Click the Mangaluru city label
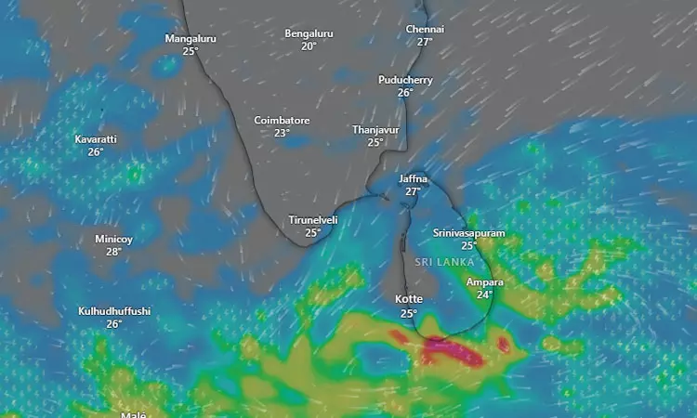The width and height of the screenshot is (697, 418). [x=191, y=39]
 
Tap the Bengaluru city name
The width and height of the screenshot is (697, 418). [x=309, y=33]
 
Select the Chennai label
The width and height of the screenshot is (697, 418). [x=425, y=30]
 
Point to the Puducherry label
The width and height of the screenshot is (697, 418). [x=405, y=80]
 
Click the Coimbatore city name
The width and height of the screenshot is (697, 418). [x=282, y=121]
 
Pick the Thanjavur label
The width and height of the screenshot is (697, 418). [x=375, y=130]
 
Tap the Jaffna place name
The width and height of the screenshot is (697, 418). [x=413, y=178]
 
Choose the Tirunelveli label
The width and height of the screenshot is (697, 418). [x=312, y=220]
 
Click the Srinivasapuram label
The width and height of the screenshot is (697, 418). [x=469, y=233]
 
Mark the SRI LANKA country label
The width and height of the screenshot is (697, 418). [x=445, y=263]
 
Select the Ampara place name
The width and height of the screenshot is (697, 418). [x=484, y=282]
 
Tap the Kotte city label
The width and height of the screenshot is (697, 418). [x=409, y=299]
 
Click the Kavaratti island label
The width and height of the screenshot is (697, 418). [x=96, y=139]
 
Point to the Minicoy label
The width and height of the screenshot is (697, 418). [x=113, y=240]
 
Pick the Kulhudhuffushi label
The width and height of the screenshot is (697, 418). [x=114, y=311]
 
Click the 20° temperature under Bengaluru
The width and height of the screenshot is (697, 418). [x=309, y=46]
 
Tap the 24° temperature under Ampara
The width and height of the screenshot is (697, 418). [x=484, y=294]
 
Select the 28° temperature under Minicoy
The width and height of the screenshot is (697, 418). [x=113, y=252]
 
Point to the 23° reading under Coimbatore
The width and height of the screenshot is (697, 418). [x=282, y=133]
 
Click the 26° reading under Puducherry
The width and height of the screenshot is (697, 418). [x=405, y=92]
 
